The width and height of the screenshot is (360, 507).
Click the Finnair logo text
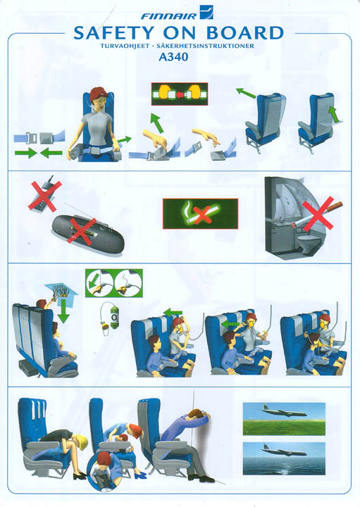pyautogui.click(x=168, y=15)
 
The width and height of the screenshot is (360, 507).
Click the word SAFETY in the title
pyautogui.click(x=113, y=33)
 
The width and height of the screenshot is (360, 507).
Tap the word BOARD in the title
pyautogui.click(x=244, y=33)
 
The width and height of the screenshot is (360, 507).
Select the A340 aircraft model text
pyautogui.click(x=173, y=57)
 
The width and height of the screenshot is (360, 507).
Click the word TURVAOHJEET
pyautogui.click(x=125, y=46)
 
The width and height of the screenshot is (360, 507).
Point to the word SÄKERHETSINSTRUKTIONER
pyautogui.click(x=205, y=46)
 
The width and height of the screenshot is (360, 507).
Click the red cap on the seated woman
pyautogui.click(x=99, y=92)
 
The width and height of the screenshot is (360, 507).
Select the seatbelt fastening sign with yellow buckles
pyautogui.click(x=180, y=94)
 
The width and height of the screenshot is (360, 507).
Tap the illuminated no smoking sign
pyautogui.click(x=200, y=214)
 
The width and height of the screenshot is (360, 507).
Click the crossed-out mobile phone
pyautogui.click(x=44, y=195)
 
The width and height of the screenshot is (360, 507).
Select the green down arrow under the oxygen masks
pyautogui.click(x=63, y=311)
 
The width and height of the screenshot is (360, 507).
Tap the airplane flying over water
pyautogui.click(x=283, y=450)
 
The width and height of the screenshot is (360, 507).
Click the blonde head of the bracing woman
pyautogui.click(x=80, y=442)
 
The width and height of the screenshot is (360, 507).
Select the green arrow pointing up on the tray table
pyautogui.click(x=334, y=115)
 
